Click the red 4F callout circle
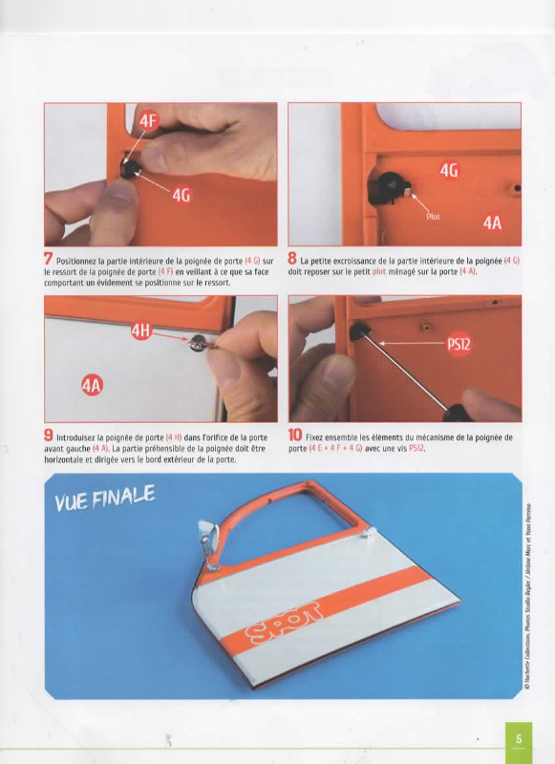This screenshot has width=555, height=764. click(x=148, y=120)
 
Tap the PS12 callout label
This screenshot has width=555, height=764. click(x=459, y=344)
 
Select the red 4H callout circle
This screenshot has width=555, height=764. click(x=140, y=331)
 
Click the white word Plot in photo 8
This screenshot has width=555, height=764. click(x=433, y=217)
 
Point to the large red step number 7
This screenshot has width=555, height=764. click(x=48, y=259)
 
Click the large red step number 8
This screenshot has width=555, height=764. click(x=292, y=259)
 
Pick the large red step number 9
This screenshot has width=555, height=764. click(x=48, y=435)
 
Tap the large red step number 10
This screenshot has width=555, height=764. click(x=295, y=435)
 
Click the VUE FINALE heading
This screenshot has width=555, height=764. click(x=105, y=498)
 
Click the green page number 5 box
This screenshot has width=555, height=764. click(x=519, y=739)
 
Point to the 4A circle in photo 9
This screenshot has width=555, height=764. click(x=92, y=386)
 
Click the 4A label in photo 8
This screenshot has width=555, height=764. click(x=492, y=223)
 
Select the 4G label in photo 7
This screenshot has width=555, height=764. click(x=181, y=195)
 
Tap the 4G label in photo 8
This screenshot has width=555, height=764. click(x=449, y=171)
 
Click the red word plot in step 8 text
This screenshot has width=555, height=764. click(x=379, y=271)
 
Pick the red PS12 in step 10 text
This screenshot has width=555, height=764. click(x=416, y=448)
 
